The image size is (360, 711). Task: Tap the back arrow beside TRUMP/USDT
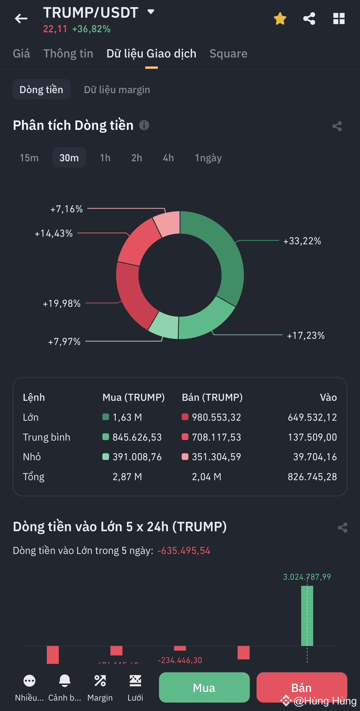[x=21, y=19]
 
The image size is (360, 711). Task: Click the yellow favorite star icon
[x=280, y=19]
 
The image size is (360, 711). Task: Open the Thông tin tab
[x=68, y=53]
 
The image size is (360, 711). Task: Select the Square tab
[x=228, y=53]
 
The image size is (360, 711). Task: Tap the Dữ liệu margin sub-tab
[x=117, y=90]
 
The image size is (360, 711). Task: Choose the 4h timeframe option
[x=168, y=158]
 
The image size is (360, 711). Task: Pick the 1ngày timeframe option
[x=208, y=158]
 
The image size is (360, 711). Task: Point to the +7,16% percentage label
[x=67, y=209]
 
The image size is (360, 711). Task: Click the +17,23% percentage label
[x=306, y=335]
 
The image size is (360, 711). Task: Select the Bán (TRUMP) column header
[x=212, y=397]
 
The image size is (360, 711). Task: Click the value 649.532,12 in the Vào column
[x=312, y=417]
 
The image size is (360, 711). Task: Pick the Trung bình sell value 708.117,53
[x=216, y=437]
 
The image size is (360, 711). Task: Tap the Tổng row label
[x=33, y=477]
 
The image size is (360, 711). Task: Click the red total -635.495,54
[x=183, y=551]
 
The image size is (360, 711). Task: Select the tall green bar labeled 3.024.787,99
[x=307, y=615]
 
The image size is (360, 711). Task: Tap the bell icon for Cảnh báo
[x=64, y=681]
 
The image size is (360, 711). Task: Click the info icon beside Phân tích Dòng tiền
[x=144, y=125]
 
